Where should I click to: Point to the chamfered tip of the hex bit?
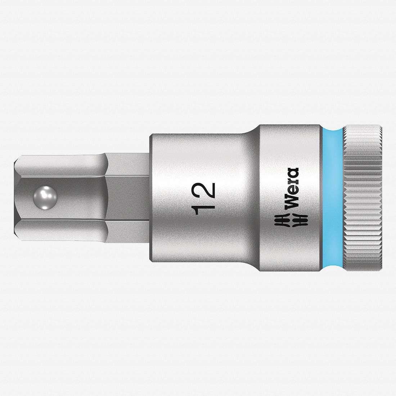pyautogui.click(x=18, y=198)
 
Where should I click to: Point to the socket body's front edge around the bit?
pyautogui.click(x=151, y=198)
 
